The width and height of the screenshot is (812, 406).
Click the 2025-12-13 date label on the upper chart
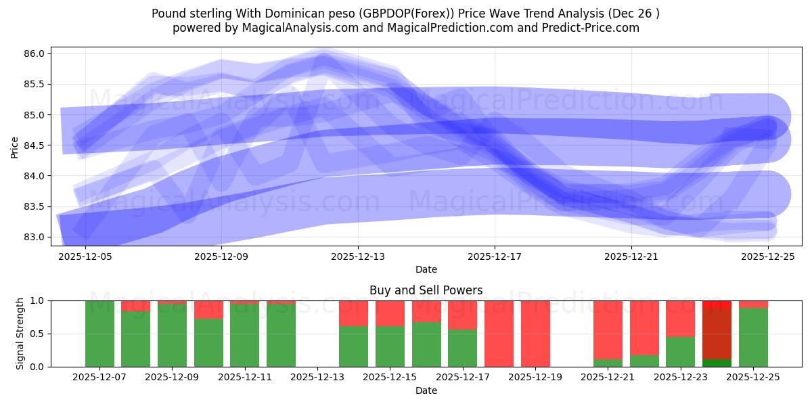click(358, 256)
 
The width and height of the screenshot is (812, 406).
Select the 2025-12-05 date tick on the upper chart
click(85, 256)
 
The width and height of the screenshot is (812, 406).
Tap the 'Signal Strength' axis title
click(20, 333)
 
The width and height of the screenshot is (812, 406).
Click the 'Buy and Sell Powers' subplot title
click(426, 290)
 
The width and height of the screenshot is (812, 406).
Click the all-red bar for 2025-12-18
click(499, 334)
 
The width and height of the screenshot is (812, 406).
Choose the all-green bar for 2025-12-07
click(99, 334)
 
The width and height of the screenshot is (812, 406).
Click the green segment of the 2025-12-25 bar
click(753, 337)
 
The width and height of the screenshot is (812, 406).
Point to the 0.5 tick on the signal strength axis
click(37, 334)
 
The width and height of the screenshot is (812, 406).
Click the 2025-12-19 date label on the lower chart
click(535, 378)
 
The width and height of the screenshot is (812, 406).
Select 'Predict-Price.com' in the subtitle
click(585, 28)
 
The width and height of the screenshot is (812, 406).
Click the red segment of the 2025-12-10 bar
click(208, 309)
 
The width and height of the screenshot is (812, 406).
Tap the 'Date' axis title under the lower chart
click(426, 390)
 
